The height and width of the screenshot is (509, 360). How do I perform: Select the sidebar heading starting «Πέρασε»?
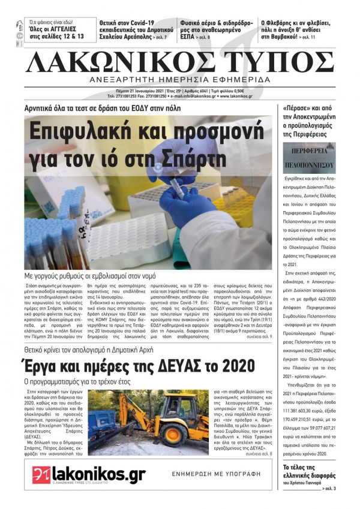pyautogui.click(x=310, y=121)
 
